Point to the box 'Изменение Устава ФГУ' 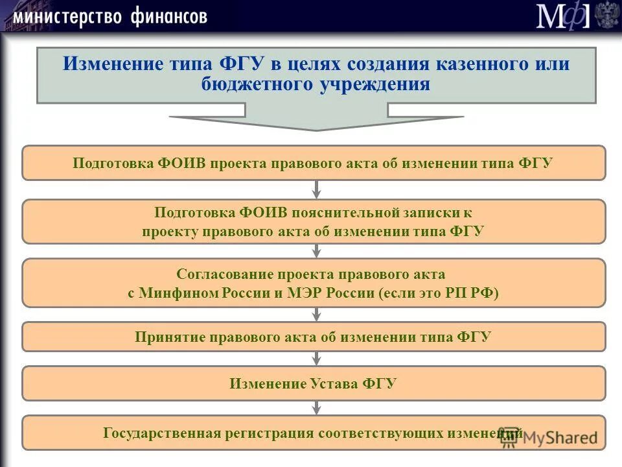pos(314,383)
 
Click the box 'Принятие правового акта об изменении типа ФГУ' pos(314,337)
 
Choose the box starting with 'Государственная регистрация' pos(314,433)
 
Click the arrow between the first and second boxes pos(317,189)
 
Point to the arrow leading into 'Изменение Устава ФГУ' pos(317,359)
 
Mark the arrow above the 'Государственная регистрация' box pos(317,408)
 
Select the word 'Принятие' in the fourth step pos(165,337)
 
